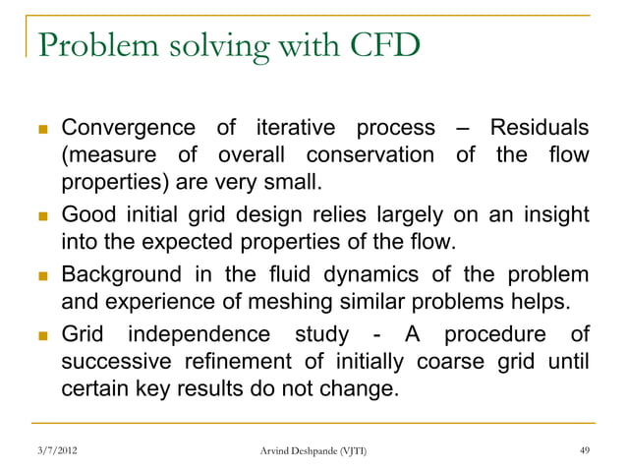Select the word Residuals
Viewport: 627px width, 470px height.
coord(540,129)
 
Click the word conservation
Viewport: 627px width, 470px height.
coord(369,156)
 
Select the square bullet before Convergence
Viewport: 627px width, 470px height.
coord(40,130)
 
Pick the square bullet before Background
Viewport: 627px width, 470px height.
coord(40,275)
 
